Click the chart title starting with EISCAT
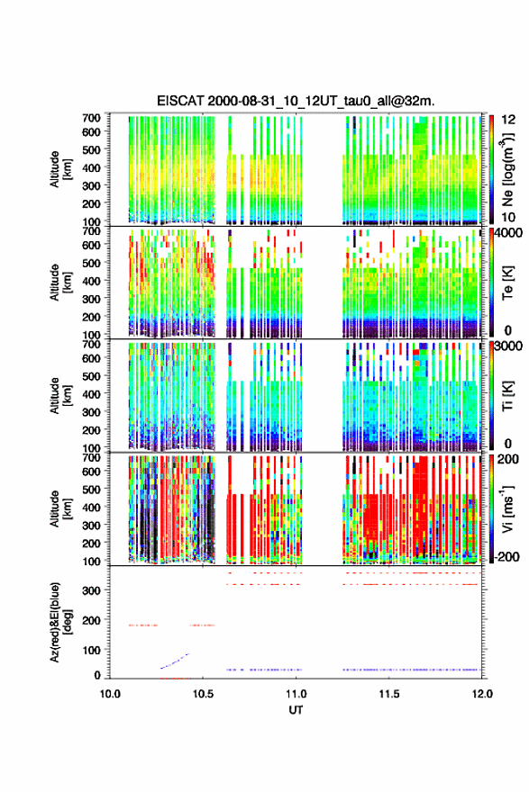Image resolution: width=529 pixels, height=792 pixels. coord(296,101)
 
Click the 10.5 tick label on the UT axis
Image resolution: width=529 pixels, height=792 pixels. coord(203,694)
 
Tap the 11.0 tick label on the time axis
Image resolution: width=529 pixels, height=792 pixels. coord(296,694)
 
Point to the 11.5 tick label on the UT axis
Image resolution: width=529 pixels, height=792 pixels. coord(389,694)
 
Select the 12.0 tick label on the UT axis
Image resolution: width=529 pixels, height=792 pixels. coord(482,694)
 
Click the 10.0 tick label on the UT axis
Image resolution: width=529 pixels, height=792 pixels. coord(110,694)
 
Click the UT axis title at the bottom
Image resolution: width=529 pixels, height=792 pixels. coord(296,710)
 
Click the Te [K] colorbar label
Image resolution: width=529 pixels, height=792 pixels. coord(507,283)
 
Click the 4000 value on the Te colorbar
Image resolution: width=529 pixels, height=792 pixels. coord(509,233)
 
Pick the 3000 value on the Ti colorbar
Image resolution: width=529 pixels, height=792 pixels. coord(509,346)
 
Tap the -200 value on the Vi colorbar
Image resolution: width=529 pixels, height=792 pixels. coord(506,556)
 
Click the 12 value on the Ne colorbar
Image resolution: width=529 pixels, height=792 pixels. coord(507,120)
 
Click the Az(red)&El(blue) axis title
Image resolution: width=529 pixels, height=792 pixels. coord(60,622)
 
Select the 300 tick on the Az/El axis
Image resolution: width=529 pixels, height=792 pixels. coord(91,590)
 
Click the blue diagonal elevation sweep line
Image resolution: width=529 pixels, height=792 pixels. coord(175,661)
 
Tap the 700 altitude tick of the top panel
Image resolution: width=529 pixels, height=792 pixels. coord(91,118)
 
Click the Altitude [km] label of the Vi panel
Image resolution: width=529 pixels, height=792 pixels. coord(60,508)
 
